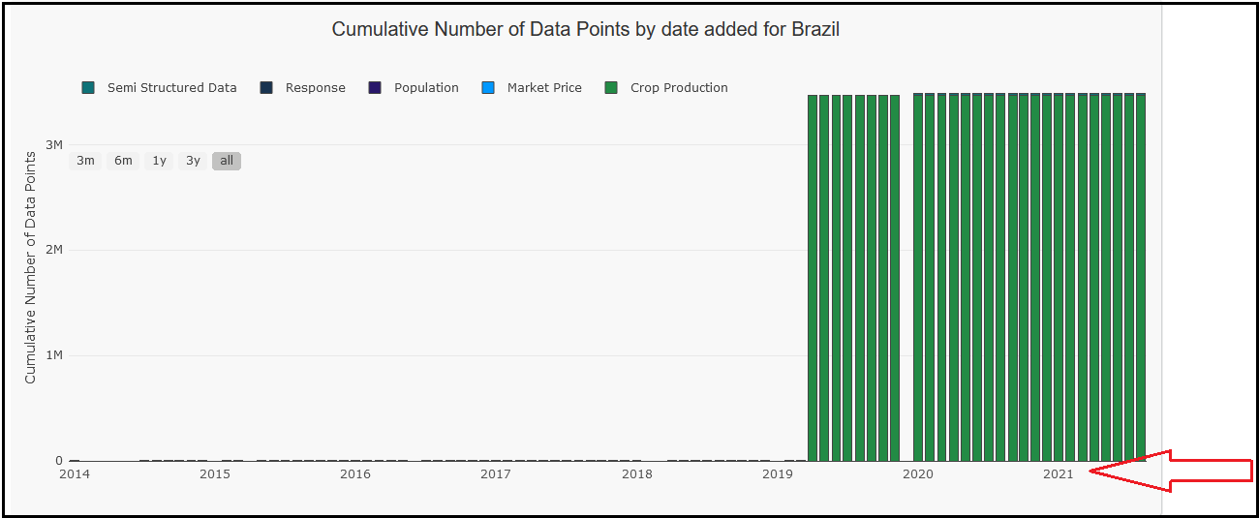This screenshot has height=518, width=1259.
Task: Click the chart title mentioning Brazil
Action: click(x=585, y=29)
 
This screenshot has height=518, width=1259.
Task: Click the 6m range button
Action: click(x=123, y=161)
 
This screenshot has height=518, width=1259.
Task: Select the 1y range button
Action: click(x=159, y=161)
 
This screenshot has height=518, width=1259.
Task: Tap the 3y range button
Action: click(x=193, y=161)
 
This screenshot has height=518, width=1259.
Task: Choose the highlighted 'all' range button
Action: click(x=227, y=161)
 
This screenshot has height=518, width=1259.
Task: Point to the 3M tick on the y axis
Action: click(x=53, y=144)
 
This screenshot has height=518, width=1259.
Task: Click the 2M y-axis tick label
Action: click(x=53, y=250)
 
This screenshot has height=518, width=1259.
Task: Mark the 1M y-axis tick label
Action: click(x=53, y=355)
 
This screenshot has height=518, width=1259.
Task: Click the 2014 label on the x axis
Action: click(x=74, y=474)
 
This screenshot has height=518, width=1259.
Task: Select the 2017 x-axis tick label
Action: click(x=496, y=474)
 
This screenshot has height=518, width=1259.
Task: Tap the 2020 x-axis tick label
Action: click(x=917, y=474)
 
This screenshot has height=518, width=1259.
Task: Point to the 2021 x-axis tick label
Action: click(x=1058, y=474)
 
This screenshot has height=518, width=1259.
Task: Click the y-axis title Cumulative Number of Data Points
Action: click(x=30, y=267)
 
